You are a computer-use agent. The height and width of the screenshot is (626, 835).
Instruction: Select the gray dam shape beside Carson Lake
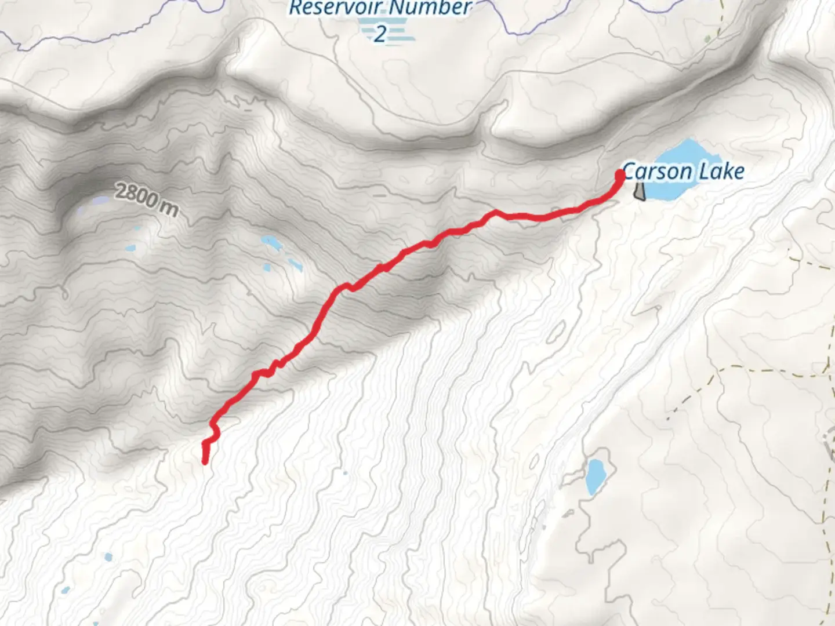[639, 191]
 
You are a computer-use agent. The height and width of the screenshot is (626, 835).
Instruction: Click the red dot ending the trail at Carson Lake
[620, 173]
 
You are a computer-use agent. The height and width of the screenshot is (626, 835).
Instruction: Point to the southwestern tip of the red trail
[205, 461]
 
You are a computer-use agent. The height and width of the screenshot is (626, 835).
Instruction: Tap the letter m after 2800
[170, 208]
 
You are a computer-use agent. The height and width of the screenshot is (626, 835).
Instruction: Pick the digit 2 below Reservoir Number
[380, 34]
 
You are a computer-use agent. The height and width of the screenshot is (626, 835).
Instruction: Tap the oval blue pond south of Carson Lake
[595, 476]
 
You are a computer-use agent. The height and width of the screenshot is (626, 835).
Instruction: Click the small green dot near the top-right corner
[707, 39]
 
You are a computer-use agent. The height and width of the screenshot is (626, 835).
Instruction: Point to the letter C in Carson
[628, 172]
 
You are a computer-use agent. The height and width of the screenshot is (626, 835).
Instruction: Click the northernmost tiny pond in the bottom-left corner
[108, 558]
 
